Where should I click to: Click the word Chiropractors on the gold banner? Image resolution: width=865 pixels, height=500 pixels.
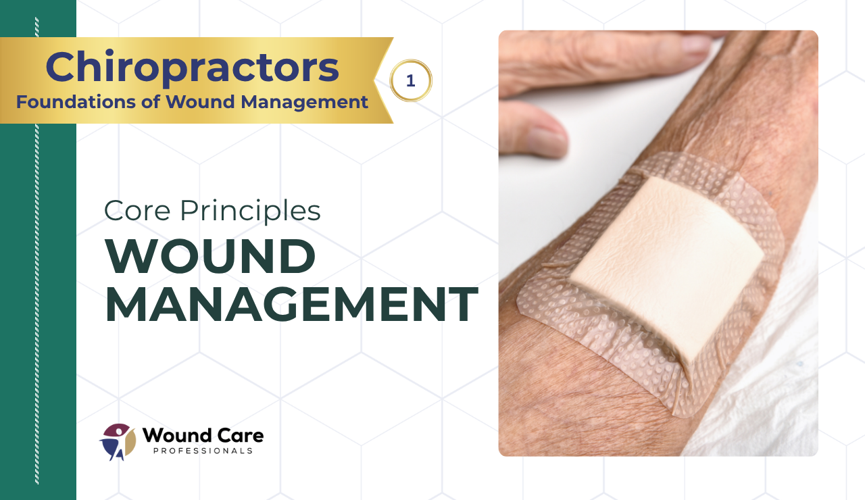point(193,68)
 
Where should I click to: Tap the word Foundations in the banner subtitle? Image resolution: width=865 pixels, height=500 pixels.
point(76,102)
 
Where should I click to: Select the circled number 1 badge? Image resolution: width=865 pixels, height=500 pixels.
point(410,80)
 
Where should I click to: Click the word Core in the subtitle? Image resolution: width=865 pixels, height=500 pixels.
point(137,211)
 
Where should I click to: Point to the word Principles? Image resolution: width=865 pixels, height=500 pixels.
point(250,212)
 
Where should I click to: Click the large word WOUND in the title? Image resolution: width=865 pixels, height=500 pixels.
point(210,256)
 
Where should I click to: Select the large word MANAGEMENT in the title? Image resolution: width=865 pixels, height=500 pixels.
point(291,304)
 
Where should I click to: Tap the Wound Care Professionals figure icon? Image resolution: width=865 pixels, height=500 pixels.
point(118,442)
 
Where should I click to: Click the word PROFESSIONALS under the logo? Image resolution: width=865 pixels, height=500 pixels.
point(203,451)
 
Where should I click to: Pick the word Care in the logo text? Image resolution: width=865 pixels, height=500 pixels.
point(240,436)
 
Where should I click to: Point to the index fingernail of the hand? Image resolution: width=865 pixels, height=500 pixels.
point(696,44)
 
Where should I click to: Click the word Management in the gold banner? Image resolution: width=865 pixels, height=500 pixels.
point(304,103)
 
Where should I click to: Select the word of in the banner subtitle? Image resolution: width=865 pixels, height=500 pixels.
point(150,102)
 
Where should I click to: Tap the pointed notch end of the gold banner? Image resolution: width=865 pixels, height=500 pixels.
point(374,80)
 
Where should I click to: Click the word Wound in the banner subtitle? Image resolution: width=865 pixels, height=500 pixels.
point(200,102)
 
